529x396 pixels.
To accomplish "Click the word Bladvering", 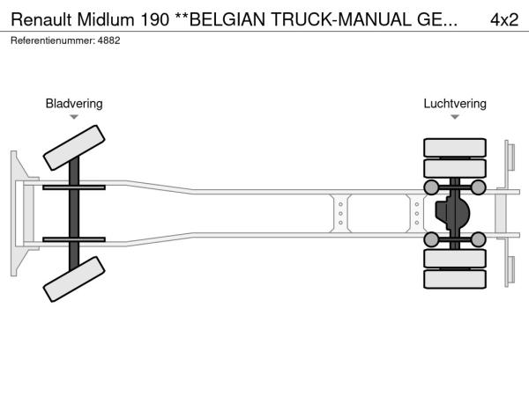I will tap(74, 104).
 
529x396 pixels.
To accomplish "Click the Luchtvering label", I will tap(455, 104).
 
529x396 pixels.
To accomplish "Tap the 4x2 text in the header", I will tap(503, 19).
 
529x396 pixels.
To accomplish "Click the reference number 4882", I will tap(108, 40).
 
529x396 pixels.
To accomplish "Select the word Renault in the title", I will tap(41, 19).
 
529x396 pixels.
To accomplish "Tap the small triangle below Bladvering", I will tap(74, 117).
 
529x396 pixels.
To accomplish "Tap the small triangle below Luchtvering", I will tap(455, 117).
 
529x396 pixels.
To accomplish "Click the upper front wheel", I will tap(73, 148).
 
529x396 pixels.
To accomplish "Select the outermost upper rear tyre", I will tap(455, 147).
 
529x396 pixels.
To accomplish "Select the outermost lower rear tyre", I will tap(455, 280).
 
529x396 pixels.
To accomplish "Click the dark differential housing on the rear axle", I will tap(452, 213).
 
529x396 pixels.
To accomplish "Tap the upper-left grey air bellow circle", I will tap(431, 187).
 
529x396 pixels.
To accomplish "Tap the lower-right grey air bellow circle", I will tap(478, 238).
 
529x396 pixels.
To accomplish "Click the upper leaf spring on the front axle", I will tap(74, 187).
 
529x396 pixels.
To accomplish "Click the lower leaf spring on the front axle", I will tap(74, 238).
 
